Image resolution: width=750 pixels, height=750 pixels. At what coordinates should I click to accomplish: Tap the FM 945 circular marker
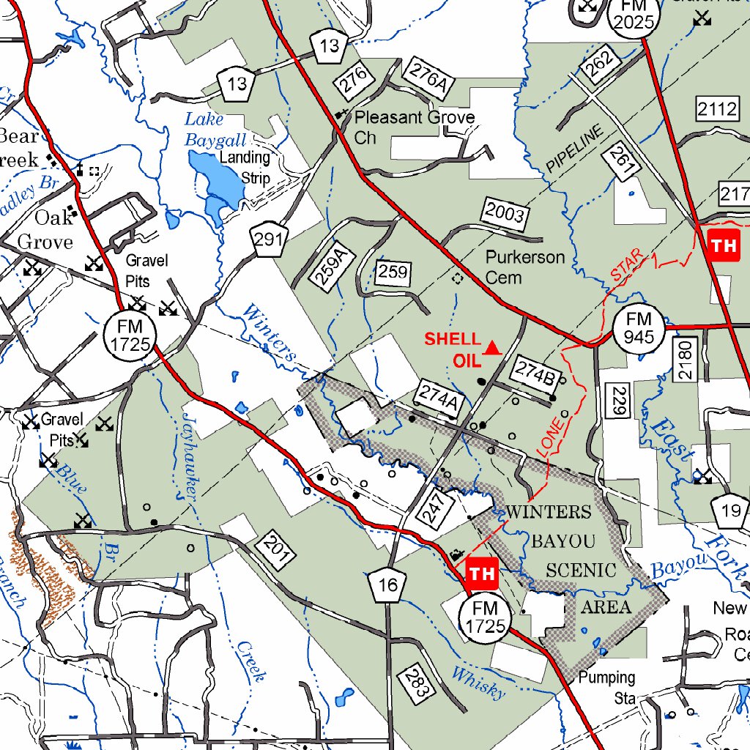tap(638, 327)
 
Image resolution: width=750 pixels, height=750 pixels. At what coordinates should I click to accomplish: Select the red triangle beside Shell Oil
tap(492, 348)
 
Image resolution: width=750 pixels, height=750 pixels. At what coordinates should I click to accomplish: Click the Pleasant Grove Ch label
tap(414, 127)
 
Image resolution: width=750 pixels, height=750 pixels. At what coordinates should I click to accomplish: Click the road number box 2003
tap(505, 214)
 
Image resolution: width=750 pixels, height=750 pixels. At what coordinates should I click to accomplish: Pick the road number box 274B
tap(536, 374)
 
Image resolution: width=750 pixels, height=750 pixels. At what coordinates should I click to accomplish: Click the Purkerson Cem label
tap(524, 267)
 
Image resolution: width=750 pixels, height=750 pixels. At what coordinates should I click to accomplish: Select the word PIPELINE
tap(575, 149)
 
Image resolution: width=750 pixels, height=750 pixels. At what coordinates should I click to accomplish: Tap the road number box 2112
tap(717, 110)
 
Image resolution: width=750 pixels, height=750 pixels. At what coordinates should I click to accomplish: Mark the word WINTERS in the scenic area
tap(549, 511)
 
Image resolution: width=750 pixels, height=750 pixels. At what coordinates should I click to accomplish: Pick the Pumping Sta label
tap(606, 687)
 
